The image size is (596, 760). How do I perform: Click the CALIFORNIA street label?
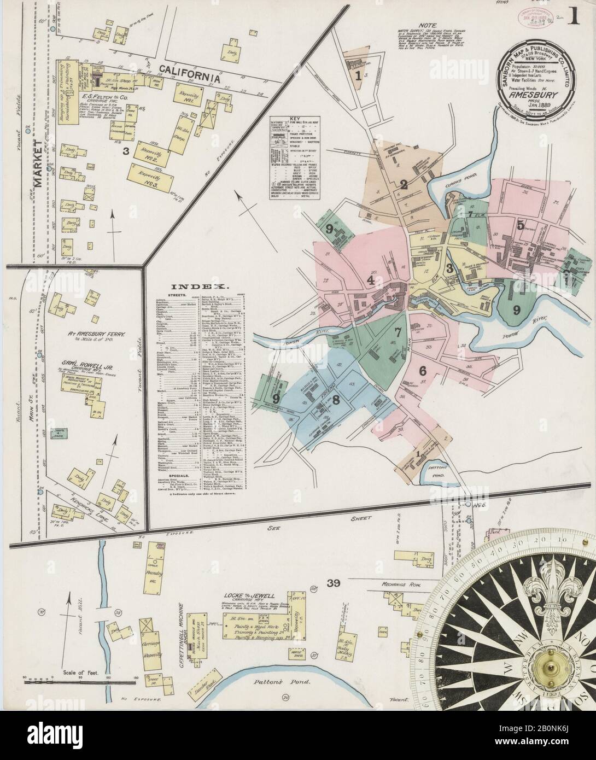click(x=190, y=75)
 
